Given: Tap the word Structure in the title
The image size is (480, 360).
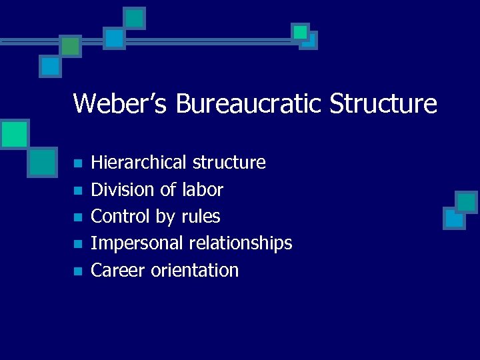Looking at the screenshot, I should (x=384, y=104).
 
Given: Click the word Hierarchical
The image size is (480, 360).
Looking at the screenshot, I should (x=139, y=163).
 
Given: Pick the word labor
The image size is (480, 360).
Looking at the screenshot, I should (x=202, y=190).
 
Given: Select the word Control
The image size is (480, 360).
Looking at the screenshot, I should (x=119, y=217).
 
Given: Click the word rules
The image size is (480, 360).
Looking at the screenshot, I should (x=201, y=217).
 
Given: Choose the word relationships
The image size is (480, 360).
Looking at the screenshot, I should (x=241, y=243).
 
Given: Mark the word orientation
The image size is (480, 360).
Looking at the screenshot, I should (x=195, y=270).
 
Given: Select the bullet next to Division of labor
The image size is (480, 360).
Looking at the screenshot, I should (x=77, y=191).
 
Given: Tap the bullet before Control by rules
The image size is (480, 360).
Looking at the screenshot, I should (x=77, y=217).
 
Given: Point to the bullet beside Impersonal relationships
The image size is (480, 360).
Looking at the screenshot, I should (x=77, y=244).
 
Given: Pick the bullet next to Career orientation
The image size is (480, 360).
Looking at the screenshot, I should (x=77, y=271).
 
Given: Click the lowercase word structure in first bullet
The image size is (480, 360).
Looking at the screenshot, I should (x=229, y=163).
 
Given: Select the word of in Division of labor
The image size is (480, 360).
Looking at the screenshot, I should (x=167, y=190).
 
